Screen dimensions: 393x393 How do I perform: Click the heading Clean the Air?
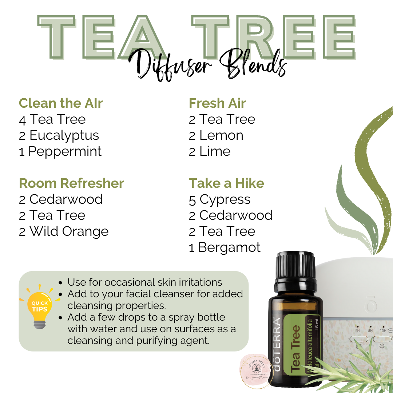[61, 103]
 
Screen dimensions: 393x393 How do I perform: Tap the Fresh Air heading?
[217, 103]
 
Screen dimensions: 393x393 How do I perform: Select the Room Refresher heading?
[71, 183]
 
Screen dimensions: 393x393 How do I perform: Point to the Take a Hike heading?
[226, 183]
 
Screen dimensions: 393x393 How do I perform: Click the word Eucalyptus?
[64, 135]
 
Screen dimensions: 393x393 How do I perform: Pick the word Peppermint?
[65, 151]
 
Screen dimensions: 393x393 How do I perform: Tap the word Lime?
[215, 151]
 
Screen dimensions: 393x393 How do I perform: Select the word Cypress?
[225, 199]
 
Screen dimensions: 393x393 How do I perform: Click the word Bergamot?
[229, 247]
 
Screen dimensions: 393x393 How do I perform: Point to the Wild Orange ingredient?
[69, 231]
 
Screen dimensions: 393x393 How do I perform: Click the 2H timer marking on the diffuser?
[357, 332]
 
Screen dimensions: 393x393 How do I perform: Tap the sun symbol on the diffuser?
[382, 346]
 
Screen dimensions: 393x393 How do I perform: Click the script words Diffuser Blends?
[208, 67]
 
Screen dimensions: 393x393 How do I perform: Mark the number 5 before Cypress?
[192, 199]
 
